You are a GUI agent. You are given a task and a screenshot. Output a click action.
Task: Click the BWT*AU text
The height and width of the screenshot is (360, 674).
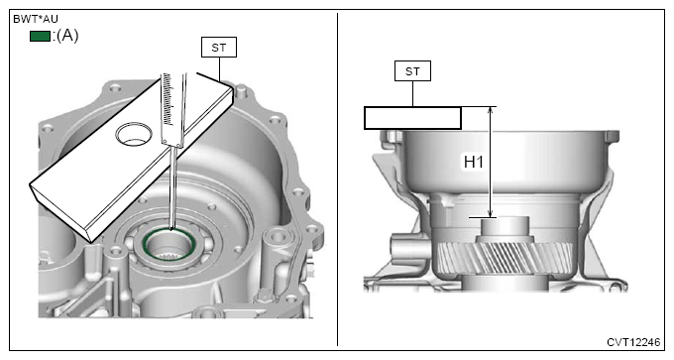pyautogui.click(x=36, y=19)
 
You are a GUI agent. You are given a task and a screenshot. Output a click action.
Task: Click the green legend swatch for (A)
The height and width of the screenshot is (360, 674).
pyautogui.click(x=40, y=36)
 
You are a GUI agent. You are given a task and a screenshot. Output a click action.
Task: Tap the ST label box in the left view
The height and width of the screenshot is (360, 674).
pyautogui.click(x=219, y=47)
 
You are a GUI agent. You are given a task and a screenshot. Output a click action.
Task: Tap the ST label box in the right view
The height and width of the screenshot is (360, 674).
pyautogui.click(x=412, y=71)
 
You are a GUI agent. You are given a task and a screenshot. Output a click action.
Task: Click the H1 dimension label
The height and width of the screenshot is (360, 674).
pyautogui.click(x=474, y=162)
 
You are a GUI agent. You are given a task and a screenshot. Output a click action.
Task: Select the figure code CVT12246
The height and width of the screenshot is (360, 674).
pyautogui.click(x=633, y=342)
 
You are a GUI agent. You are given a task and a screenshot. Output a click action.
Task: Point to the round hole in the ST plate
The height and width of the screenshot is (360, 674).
pyautogui.click(x=134, y=133)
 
